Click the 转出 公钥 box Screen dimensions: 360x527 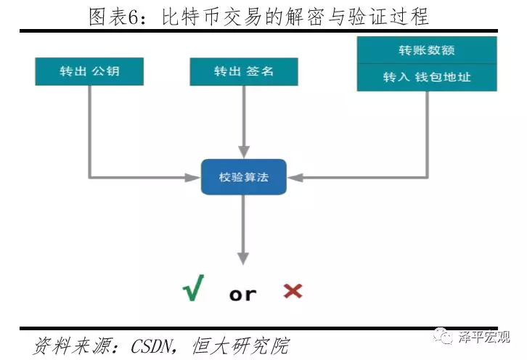(89, 72)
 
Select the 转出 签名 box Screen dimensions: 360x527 (244, 72)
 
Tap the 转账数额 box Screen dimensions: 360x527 (426, 50)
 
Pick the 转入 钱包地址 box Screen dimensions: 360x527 (426, 77)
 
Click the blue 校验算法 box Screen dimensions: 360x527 (244, 176)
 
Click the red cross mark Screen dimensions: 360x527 (293, 291)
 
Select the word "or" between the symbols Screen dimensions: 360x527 (242, 294)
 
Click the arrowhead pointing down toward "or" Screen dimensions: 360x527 (244, 258)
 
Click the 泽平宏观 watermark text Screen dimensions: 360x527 (483, 337)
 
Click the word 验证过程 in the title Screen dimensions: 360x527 (395, 16)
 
